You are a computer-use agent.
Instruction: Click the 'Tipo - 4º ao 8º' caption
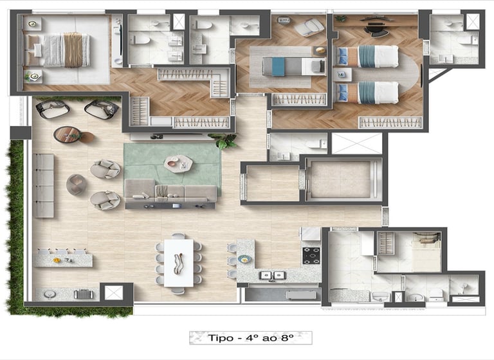point(250,338)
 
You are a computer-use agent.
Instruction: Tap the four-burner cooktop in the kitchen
point(311,256)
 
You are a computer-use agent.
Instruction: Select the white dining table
point(179,263)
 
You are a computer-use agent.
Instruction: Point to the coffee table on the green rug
point(178,163)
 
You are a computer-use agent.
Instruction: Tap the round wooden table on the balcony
point(68,134)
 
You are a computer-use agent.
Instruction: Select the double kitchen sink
point(272,275)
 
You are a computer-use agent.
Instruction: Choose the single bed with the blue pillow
point(293,66)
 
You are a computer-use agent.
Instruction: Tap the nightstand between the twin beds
point(342,75)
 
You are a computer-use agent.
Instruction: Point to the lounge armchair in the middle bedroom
point(309,27)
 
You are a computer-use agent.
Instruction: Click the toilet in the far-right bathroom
point(468,40)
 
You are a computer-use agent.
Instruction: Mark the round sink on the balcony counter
point(50,294)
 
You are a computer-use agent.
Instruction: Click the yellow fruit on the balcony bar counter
point(57,260)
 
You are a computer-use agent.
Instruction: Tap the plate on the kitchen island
point(244,259)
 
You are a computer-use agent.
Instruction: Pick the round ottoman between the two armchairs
point(76,184)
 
